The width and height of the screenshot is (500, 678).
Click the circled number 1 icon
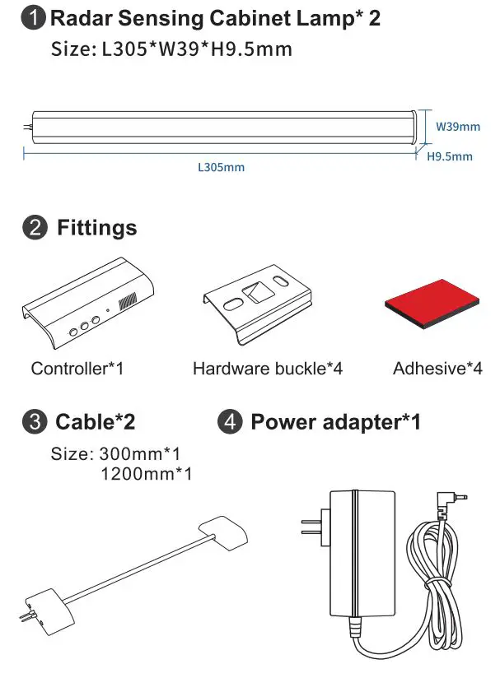[34, 19]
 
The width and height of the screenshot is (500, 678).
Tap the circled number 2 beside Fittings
[34, 229]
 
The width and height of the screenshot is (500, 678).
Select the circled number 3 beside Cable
[34, 423]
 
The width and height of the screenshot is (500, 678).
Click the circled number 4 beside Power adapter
[229, 423]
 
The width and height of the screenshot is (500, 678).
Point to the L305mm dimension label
[221, 167]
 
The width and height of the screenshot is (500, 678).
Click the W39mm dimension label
[457, 127]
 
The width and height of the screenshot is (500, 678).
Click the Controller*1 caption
[77, 368]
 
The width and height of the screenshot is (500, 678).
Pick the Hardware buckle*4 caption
[267, 368]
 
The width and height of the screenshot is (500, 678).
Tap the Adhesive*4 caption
[437, 368]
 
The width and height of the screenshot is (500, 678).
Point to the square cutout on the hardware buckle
[256, 291]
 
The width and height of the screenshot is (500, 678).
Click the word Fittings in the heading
[96, 229]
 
